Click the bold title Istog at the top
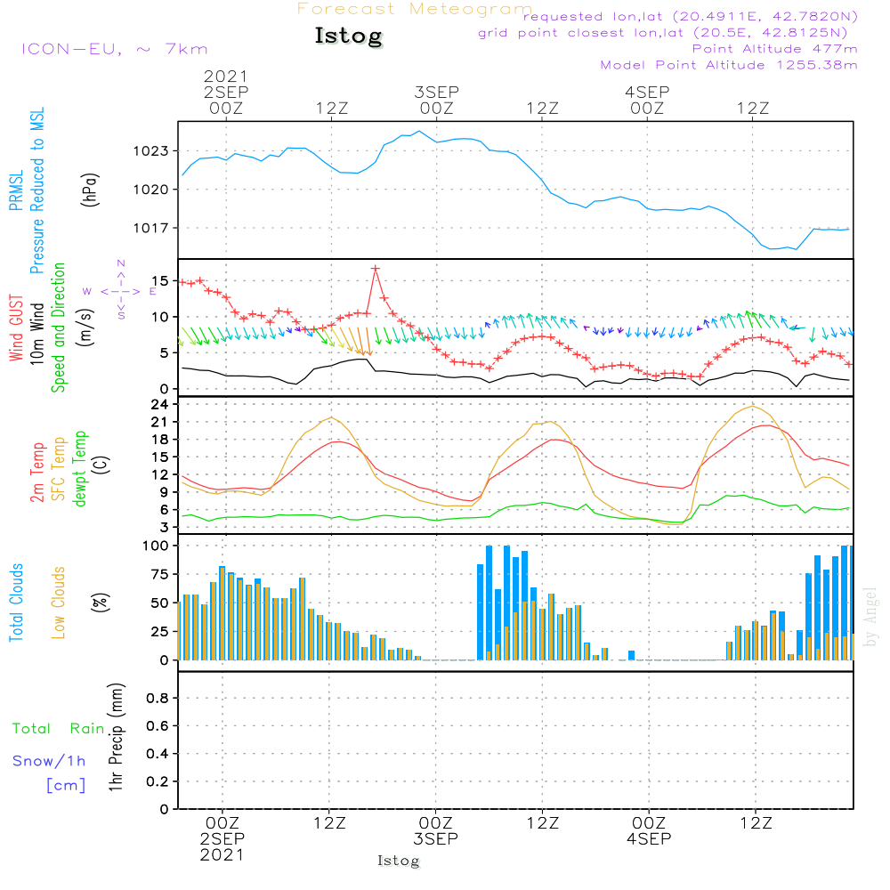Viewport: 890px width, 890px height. point(348,36)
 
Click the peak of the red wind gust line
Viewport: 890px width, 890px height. point(376,268)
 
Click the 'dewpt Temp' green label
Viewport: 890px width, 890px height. point(80,469)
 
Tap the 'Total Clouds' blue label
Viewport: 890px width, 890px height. point(17,603)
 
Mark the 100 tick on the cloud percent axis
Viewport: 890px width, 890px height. point(154,546)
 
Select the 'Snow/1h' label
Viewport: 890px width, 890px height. point(49,761)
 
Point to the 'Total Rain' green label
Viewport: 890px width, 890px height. point(58,728)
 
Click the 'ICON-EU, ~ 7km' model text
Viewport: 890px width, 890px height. point(114,49)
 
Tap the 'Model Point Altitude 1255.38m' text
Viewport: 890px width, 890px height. point(729,65)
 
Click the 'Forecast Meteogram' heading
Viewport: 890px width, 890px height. point(415,9)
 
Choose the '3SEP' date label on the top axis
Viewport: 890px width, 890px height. point(436,92)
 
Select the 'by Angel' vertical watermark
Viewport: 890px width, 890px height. point(871,616)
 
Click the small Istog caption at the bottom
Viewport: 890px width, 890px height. point(398,861)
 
